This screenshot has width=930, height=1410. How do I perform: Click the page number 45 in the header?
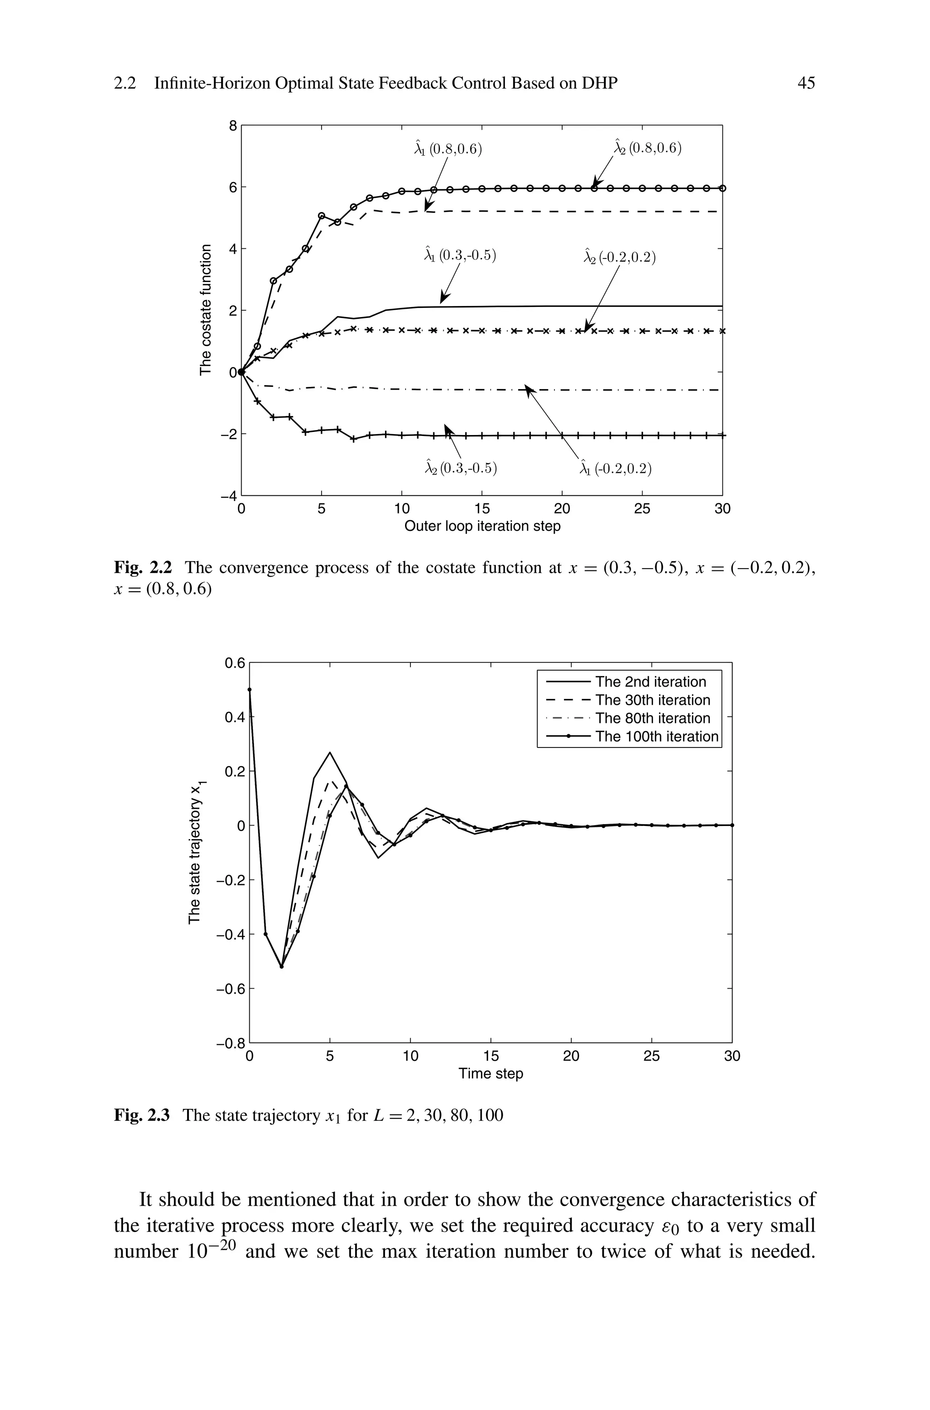click(x=806, y=84)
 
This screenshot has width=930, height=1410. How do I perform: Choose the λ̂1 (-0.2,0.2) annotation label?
click(x=616, y=469)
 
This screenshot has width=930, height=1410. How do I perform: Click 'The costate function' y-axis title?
click(x=205, y=310)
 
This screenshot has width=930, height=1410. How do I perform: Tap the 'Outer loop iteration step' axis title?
click(x=482, y=526)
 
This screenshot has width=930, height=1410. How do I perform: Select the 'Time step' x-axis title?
click(x=490, y=1074)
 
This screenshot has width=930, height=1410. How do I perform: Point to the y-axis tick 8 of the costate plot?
click(x=232, y=126)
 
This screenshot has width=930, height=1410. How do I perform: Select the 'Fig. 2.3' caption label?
click(x=142, y=1116)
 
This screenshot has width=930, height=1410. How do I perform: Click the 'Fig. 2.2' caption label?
click(x=142, y=568)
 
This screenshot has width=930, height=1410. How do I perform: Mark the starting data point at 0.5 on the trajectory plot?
click(x=250, y=690)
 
